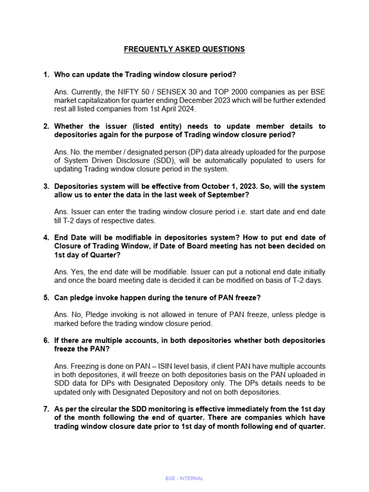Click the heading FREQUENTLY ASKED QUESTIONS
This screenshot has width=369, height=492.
[184, 49]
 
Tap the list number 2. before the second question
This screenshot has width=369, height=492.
[46, 126]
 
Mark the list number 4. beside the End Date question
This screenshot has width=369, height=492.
[46, 238]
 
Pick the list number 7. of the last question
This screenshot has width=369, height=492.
[46, 409]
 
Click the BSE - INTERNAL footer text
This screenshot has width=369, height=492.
[184, 479]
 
